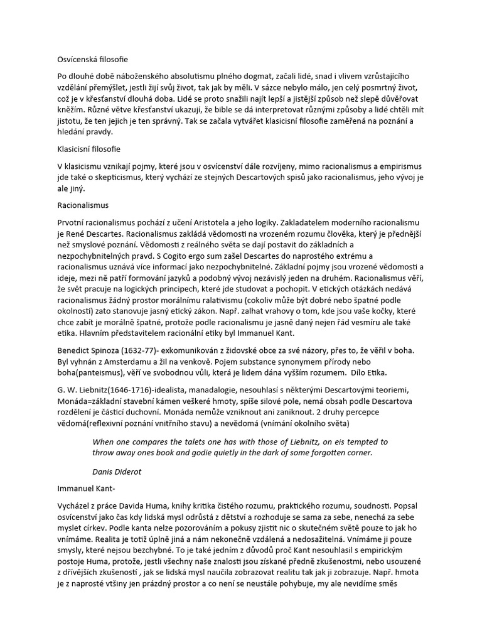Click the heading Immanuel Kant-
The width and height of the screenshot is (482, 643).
pyautogui.click(x=81, y=487)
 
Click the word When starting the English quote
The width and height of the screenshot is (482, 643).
pyautogui.click(x=104, y=442)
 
